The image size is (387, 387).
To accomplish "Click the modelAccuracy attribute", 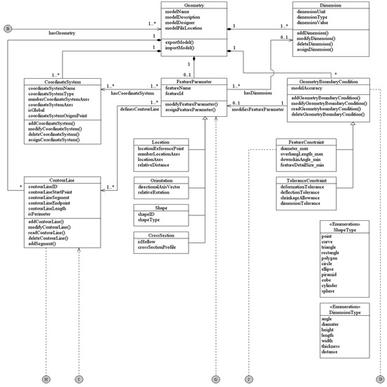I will click(x=310, y=89).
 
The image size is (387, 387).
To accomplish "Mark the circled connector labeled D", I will click(x=379, y=379).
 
